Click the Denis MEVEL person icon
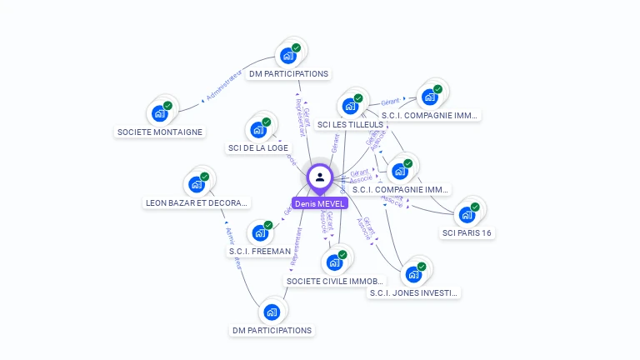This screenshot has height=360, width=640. [x=320, y=177]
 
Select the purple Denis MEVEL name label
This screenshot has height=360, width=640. [x=320, y=203]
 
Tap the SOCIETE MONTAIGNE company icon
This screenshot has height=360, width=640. [x=158, y=113]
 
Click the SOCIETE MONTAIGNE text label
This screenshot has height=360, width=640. [x=160, y=132]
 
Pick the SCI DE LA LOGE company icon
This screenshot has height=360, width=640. [x=257, y=130]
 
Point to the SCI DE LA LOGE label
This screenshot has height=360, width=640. [x=258, y=148]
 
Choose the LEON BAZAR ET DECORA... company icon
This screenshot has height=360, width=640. [x=197, y=183]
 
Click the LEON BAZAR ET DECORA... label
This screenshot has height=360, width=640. [x=197, y=202]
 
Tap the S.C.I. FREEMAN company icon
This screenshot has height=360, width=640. [x=259, y=232]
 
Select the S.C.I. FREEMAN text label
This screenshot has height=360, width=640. [x=260, y=251]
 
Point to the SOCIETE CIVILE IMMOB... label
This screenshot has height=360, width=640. [x=334, y=281]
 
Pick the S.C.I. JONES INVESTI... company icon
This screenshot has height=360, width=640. [x=412, y=274]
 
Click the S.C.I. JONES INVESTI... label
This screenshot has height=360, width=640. [x=414, y=292]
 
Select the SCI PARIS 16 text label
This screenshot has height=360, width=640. [x=467, y=232]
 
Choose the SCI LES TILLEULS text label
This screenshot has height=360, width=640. [x=350, y=124]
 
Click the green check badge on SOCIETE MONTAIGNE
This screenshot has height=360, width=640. [x=167, y=106]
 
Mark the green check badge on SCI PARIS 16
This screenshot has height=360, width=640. [x=475, y=207]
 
